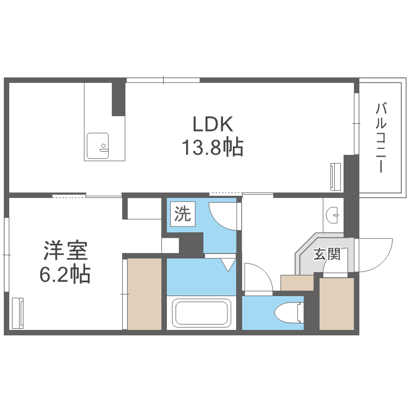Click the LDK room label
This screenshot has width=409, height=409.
(x=213, y=124)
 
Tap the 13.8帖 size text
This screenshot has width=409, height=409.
(x=212, y=148)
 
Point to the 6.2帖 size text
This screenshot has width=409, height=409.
(x=65, y=274)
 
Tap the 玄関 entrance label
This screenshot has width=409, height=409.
(x=327, y=254)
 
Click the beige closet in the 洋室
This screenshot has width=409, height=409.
(x=145, y=294)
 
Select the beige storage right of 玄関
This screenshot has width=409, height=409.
(x=336, y=304)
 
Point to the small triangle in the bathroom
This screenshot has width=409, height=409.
(x=228, y=265)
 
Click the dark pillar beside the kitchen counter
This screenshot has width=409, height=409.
(x=118, y=99)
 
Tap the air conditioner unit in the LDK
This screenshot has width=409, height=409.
(x=335, y=176)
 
